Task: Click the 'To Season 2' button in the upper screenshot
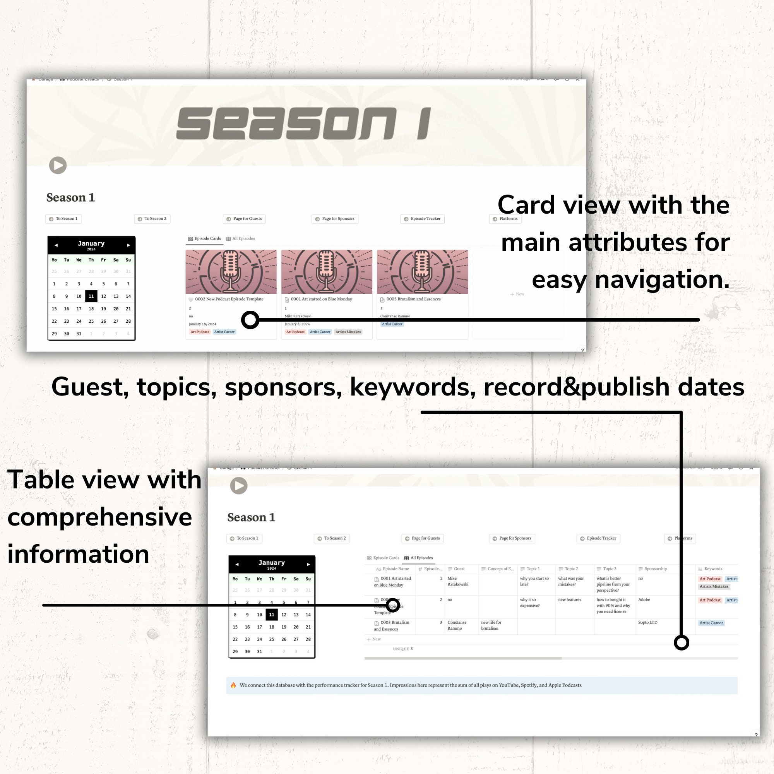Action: (152, 219)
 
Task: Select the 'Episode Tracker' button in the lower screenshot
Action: (598, 538)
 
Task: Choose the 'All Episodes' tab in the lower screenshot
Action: (419, 558)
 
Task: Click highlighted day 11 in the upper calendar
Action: (91, 296)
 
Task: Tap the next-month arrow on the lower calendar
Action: (308, 565)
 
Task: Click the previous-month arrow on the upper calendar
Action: (56, 245)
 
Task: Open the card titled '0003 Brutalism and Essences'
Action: (413, 299)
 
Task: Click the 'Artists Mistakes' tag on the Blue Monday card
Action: (348, 332)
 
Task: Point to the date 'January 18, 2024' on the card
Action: (202, 324)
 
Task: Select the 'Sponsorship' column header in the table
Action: (656, 569)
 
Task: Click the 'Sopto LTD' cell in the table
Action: (647, 623)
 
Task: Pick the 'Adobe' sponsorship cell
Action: (644, 600)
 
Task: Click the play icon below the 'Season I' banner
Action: (58, 165)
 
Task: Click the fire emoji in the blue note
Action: (233, 685)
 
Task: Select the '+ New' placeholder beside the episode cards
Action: (517, 295)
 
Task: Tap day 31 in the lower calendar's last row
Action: (260, 652)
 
